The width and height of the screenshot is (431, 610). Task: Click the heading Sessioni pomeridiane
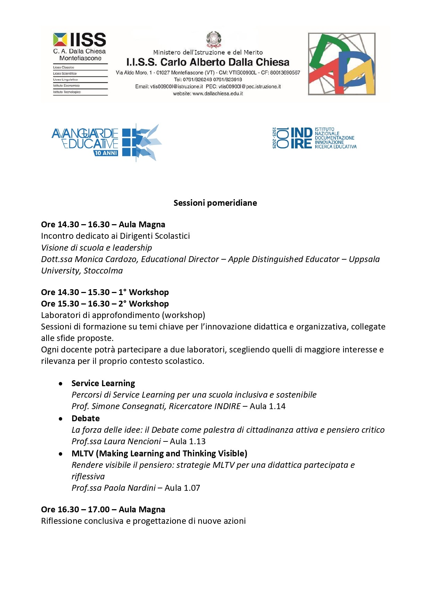point(215,203)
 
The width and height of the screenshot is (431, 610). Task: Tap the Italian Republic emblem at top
point(214,39)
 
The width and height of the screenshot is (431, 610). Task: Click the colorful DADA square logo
point(342,64)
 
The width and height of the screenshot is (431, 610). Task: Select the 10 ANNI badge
point(106,153)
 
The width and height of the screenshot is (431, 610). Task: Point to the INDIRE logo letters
point(301,138)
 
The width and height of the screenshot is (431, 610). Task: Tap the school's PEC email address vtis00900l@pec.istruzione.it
point(249,87)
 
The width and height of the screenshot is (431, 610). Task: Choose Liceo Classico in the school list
point(64,67)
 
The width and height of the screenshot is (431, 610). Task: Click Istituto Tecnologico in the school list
point(67,92)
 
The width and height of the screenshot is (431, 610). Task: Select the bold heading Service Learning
point(103,383)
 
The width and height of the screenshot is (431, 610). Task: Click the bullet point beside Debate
point(61,419)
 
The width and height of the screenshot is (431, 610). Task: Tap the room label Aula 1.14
point(267,406)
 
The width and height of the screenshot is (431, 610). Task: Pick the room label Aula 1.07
point(182,488)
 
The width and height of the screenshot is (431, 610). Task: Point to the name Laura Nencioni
point(134,441)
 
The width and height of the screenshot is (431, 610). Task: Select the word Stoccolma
point(103,271)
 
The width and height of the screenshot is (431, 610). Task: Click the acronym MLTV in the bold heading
point(82,454)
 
